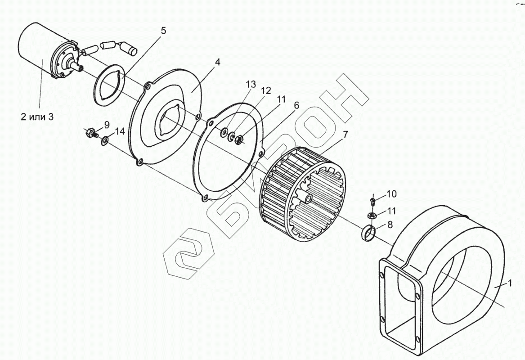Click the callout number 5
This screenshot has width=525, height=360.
(x=163, y=31)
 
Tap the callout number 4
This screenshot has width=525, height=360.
(x=217, y=62)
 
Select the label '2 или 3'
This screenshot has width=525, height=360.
(x=37, y=117)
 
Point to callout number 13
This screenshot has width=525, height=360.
(x=251, y=84)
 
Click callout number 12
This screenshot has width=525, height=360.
(x=266, y=90)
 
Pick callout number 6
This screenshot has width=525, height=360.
(x=296, y=105)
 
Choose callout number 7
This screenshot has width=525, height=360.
(x=345, y=134)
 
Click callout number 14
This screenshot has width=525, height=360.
(x=120, y=131)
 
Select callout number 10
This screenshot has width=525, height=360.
(x=392, y=194)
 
